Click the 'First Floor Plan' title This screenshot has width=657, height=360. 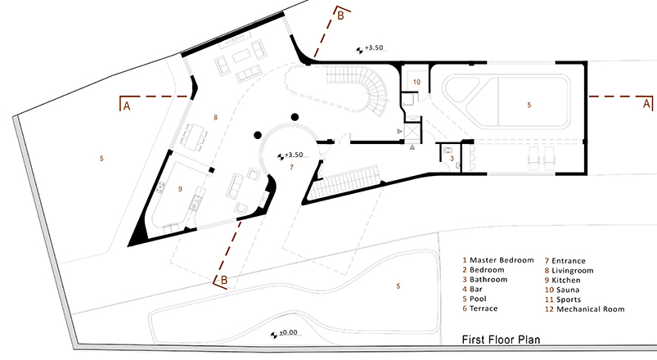pos(500,339)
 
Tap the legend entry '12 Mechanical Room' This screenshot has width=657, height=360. pos(583,309)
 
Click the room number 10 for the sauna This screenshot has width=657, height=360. pos(416,82)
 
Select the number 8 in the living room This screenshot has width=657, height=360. pos(215,118)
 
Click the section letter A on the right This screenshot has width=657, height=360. pos(646,105)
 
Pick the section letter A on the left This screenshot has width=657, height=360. pos(126,105)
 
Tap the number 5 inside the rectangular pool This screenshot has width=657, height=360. pos(529,105)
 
